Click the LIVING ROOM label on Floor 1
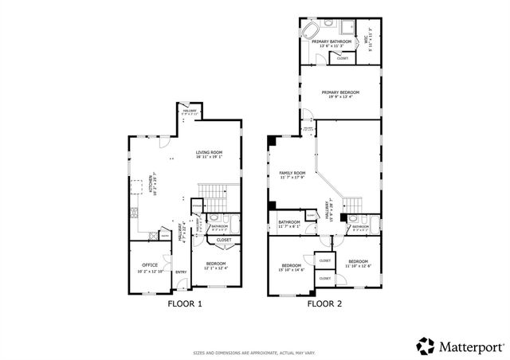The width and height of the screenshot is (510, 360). tap(210, 152)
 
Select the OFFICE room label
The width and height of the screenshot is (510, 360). tap(150, 264)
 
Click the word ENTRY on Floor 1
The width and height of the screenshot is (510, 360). tap(181, 272)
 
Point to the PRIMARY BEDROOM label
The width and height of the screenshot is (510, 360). tap(340, 92)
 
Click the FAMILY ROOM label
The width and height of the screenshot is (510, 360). tap(292, 173)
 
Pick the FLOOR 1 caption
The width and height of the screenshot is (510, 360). tap(185, 303)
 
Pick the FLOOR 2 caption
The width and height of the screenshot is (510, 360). tap(324, 303)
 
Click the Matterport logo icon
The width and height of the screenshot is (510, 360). tap(426, 346)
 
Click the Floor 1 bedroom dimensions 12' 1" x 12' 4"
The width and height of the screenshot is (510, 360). tap(216, 268)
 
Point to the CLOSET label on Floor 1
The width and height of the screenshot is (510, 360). tap(224, 240)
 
